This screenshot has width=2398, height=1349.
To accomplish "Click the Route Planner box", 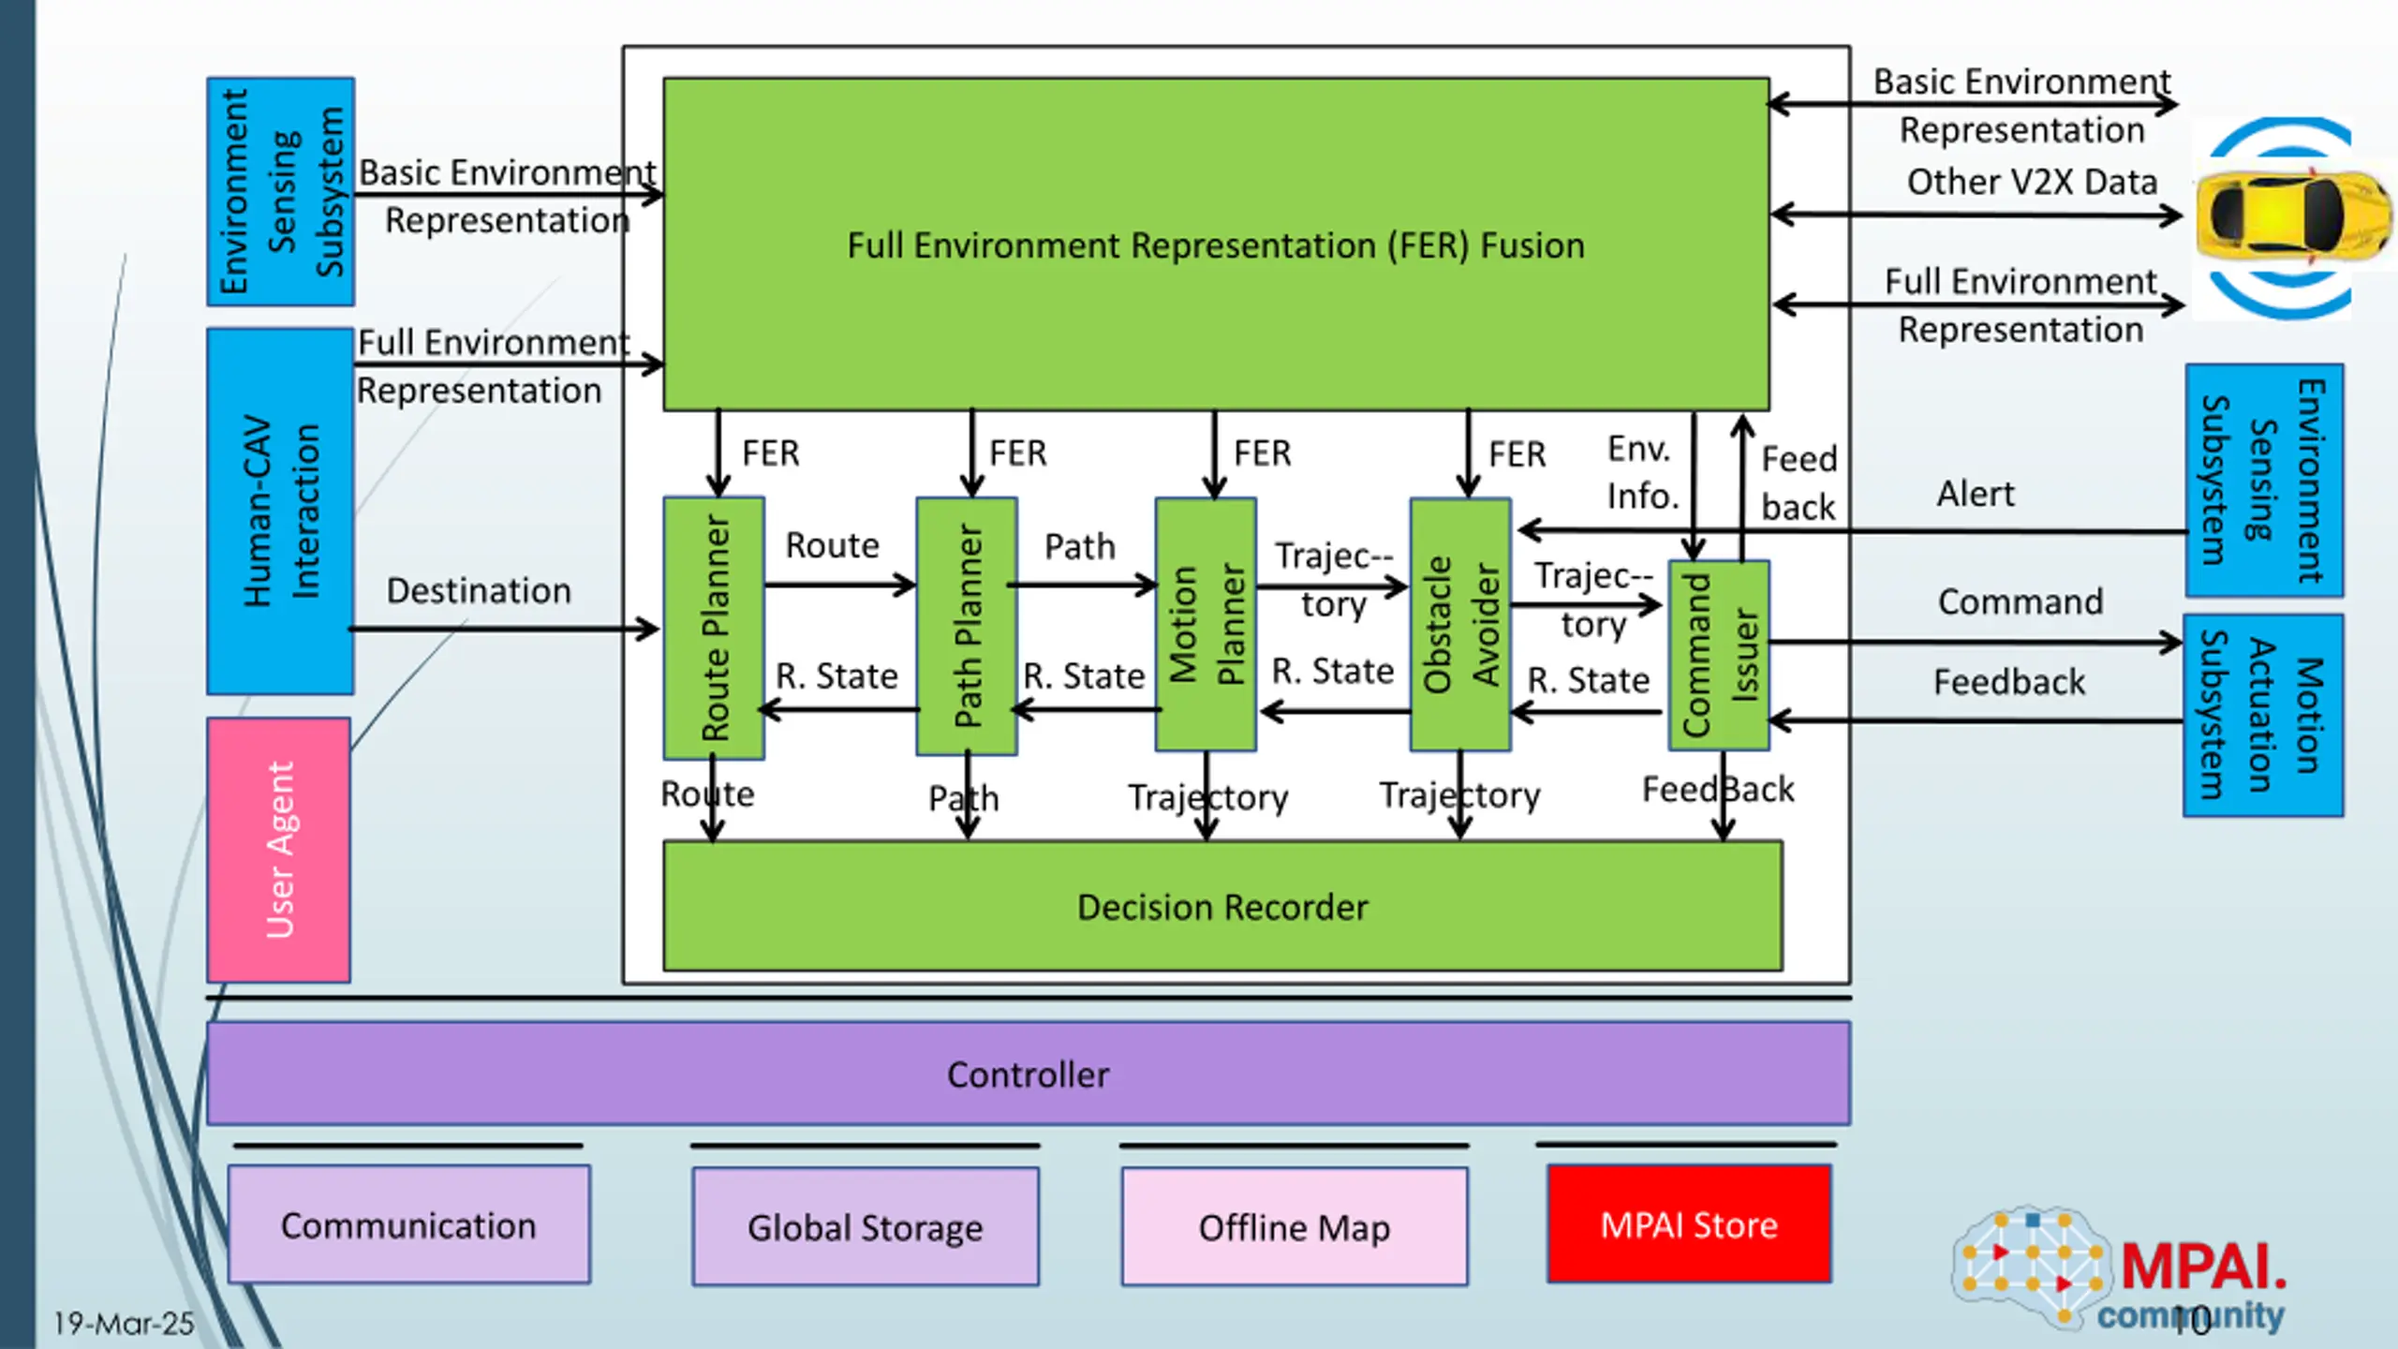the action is (x=714, y=628).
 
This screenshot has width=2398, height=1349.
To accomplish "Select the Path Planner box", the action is (x=967, y=626).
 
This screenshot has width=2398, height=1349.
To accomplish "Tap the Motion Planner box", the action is (x=1206, y=624).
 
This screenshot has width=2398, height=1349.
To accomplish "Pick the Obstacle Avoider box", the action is (x=1460, y=624).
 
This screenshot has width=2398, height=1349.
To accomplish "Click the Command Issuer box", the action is (x=1719, y=655).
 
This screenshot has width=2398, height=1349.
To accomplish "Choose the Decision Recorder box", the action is (x=1222, y=906).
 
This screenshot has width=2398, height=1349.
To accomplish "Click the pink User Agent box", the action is (x=279, y=850).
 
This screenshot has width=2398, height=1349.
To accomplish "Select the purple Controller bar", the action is (x=1029, y=1074).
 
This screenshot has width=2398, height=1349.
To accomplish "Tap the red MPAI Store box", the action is (x=1689, y=1223).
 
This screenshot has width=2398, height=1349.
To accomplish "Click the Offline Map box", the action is (x=1295, y=1226).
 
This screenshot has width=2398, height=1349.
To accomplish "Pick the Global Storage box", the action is (x=866, y=1226).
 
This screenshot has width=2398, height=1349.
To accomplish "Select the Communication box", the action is (x=409, y=1224).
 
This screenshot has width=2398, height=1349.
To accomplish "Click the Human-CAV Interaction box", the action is (x=280, y=511).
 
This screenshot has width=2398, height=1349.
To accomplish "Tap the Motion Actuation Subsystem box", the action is (x=2263, y=716).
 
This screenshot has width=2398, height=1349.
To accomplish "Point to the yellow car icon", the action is (x=2293, y=215).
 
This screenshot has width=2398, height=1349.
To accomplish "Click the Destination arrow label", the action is (x=479, y=591).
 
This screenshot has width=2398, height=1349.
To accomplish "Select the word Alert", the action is (x=1976, y=494).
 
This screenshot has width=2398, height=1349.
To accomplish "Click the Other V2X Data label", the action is (x=2032, y=182).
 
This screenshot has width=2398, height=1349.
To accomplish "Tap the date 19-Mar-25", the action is (x=124, y=1323).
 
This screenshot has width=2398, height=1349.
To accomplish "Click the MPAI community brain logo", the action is (x=2033, y=1267).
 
